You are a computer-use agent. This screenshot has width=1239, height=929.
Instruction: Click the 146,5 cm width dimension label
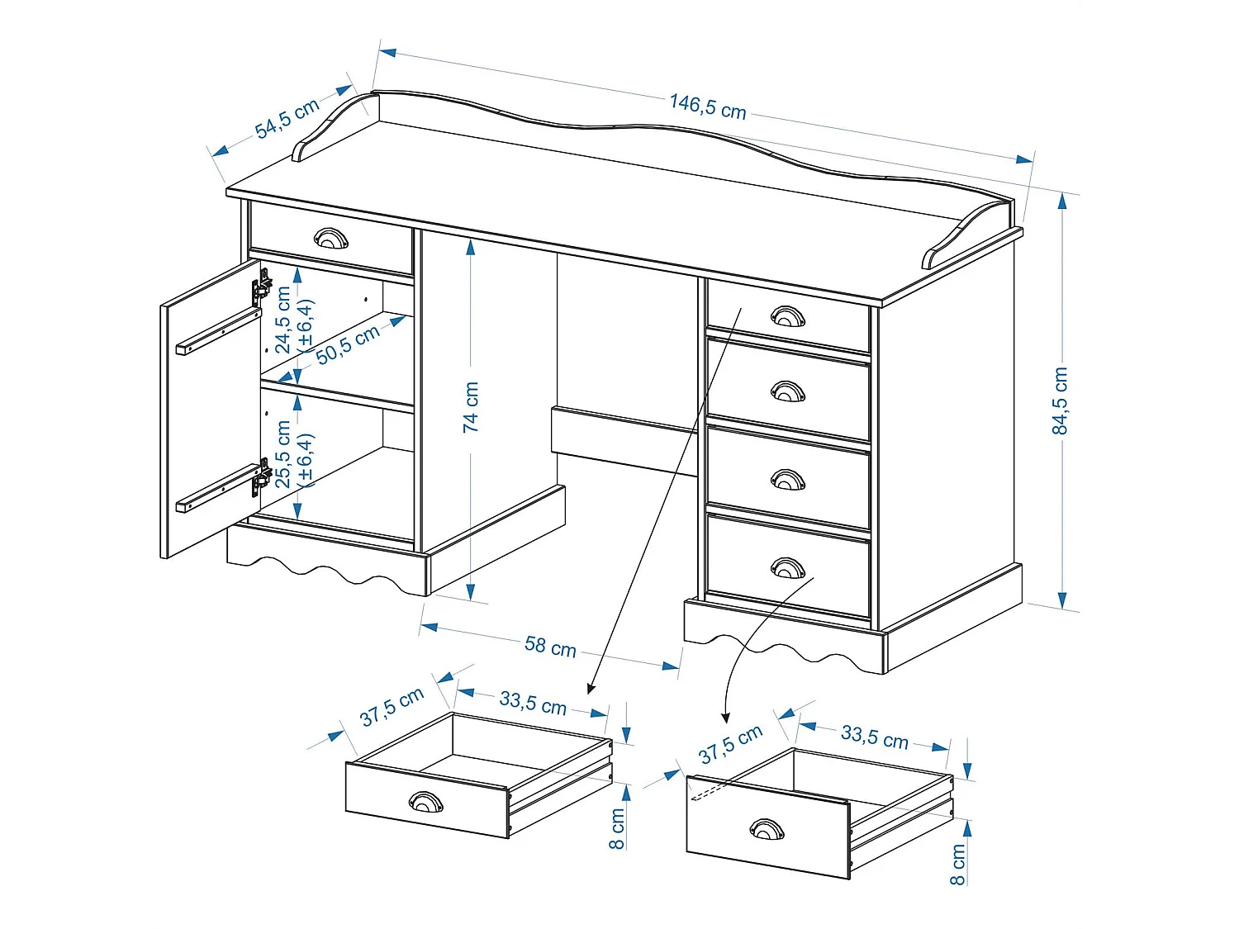707,107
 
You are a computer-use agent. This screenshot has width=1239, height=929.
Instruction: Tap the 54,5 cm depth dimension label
287,118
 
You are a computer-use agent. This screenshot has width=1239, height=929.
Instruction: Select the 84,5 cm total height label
1060,401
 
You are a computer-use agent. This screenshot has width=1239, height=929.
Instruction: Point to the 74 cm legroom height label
471,406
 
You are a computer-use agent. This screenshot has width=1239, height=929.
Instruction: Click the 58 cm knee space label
550,646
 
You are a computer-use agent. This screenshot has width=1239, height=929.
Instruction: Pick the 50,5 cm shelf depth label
348,344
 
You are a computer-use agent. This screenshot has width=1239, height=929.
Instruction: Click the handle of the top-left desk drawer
331,239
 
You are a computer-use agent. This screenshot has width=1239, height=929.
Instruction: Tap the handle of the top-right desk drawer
787,315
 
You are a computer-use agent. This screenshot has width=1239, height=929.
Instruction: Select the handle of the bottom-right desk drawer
787,567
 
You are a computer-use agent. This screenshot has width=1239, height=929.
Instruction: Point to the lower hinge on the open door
262,477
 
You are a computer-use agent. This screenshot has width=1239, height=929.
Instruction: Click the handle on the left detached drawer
426,801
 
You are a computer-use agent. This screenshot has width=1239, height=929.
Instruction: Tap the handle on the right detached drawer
767,828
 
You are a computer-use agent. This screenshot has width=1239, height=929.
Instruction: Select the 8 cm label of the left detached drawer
617,828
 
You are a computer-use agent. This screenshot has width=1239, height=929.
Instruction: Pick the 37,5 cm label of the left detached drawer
392,707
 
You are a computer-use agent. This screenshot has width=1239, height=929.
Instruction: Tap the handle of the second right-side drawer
787,391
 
